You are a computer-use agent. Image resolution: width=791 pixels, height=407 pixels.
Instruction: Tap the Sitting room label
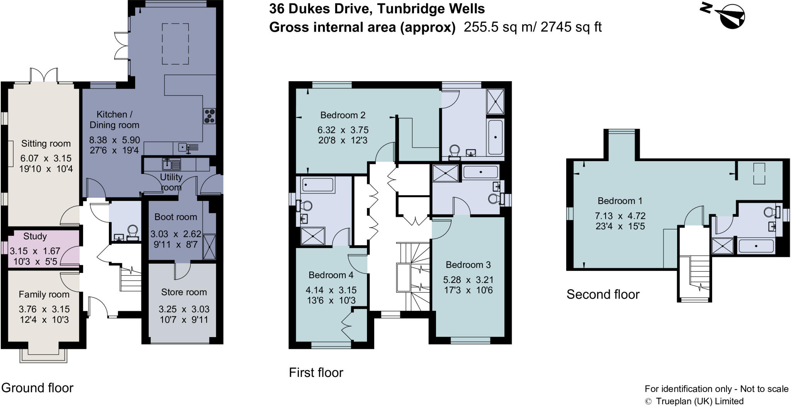click(x=46, y=144)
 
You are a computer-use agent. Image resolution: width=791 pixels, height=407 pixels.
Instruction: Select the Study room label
click(x=35, y=236)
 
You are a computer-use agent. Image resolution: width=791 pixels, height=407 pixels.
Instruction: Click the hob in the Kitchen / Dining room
click(x=210, y=116)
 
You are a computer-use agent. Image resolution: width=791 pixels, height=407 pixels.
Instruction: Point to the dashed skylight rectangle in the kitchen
click(x=175, y=44)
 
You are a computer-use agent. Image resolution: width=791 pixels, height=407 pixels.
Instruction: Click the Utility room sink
click(x=171, y=165)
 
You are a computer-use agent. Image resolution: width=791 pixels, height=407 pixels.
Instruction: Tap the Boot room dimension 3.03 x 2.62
click(x=176, y=234)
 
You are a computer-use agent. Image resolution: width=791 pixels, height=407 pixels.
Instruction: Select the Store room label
click(x=184, y=292)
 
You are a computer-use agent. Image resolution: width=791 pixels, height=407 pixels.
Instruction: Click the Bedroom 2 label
click(x=343, y=115)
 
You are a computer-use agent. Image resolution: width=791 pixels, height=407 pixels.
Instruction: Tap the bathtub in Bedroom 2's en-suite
click(x=496, y=137)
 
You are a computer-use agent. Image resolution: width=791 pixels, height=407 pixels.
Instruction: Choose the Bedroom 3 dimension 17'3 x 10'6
click(x=468, y=290)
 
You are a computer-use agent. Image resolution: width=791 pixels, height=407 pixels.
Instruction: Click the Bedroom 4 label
click(x=331, y=275)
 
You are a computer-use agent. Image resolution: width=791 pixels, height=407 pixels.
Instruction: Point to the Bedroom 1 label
click(x=620, y=201)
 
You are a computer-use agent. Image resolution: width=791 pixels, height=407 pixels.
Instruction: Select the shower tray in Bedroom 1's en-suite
click(x=722, y=246)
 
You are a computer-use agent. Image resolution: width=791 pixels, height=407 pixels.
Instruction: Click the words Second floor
click(x=603, y=295)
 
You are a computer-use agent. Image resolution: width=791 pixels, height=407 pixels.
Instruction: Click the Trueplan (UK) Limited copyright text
click(x=699, y=401)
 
